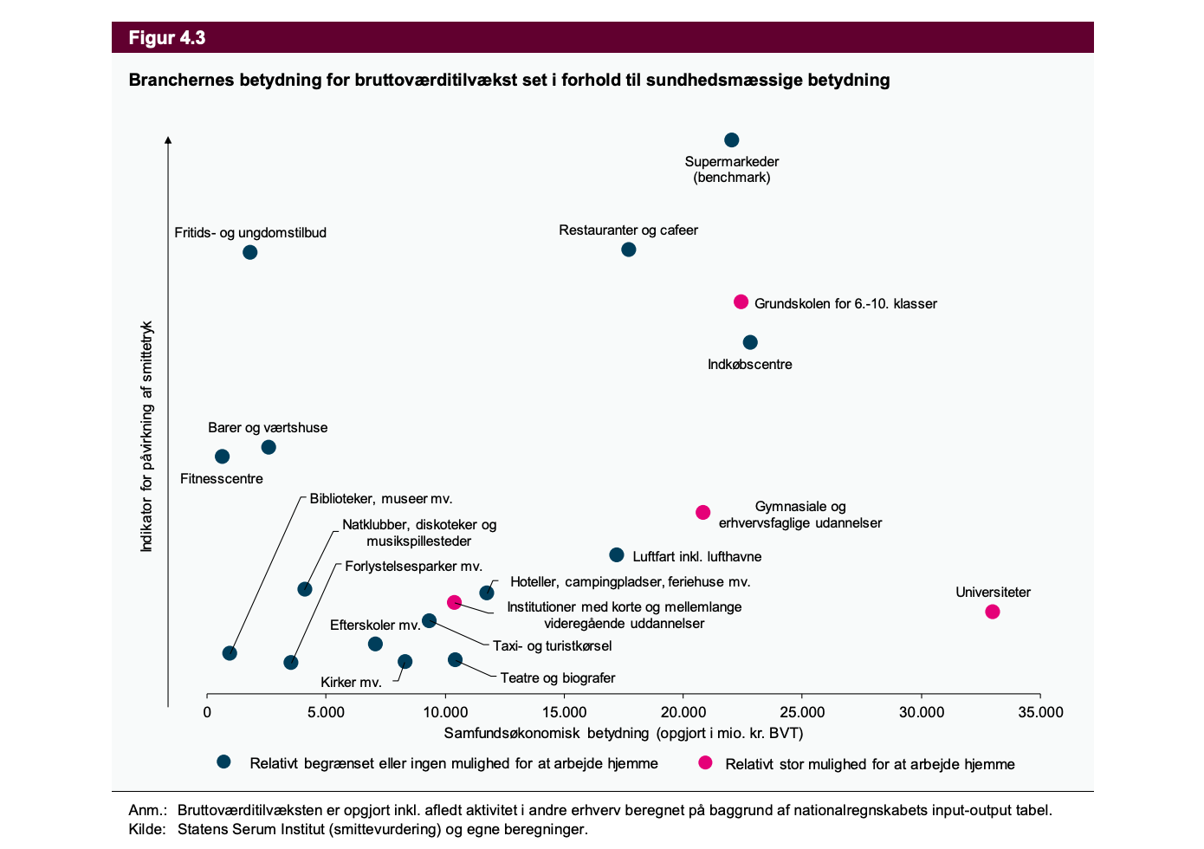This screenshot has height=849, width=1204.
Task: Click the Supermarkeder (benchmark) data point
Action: pos(731,140)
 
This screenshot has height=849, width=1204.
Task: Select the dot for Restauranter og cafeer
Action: pos(629,250)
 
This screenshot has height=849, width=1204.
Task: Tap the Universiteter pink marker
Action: pos(993,612)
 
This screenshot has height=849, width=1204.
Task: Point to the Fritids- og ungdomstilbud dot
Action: pos(250,252)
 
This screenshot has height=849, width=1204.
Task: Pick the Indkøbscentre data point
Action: pos(750,342)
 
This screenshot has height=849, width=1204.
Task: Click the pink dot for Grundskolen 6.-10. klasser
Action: pos(741,302)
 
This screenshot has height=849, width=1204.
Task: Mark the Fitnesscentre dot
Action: pos(223,457)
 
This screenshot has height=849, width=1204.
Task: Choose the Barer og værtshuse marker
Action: pos(269,447)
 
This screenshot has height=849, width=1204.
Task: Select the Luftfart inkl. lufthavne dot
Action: pos(617,554)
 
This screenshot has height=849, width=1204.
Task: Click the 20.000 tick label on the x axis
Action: pos(683,713)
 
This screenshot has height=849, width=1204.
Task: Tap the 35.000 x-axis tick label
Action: pos(1040,713)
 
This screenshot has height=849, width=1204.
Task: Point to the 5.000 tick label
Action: pos(326,713)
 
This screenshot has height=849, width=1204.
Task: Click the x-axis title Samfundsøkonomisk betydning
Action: pos(624,734)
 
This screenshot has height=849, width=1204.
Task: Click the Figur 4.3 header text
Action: pos(167,38)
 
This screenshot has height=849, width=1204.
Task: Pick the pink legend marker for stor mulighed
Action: pos(706,762)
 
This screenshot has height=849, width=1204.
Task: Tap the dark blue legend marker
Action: pos(223,762)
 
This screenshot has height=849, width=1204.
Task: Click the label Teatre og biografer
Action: pos(558,678)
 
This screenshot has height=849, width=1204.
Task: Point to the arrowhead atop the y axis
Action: pos(169,139)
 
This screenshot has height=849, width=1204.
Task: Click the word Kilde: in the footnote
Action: pos(147,830)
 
